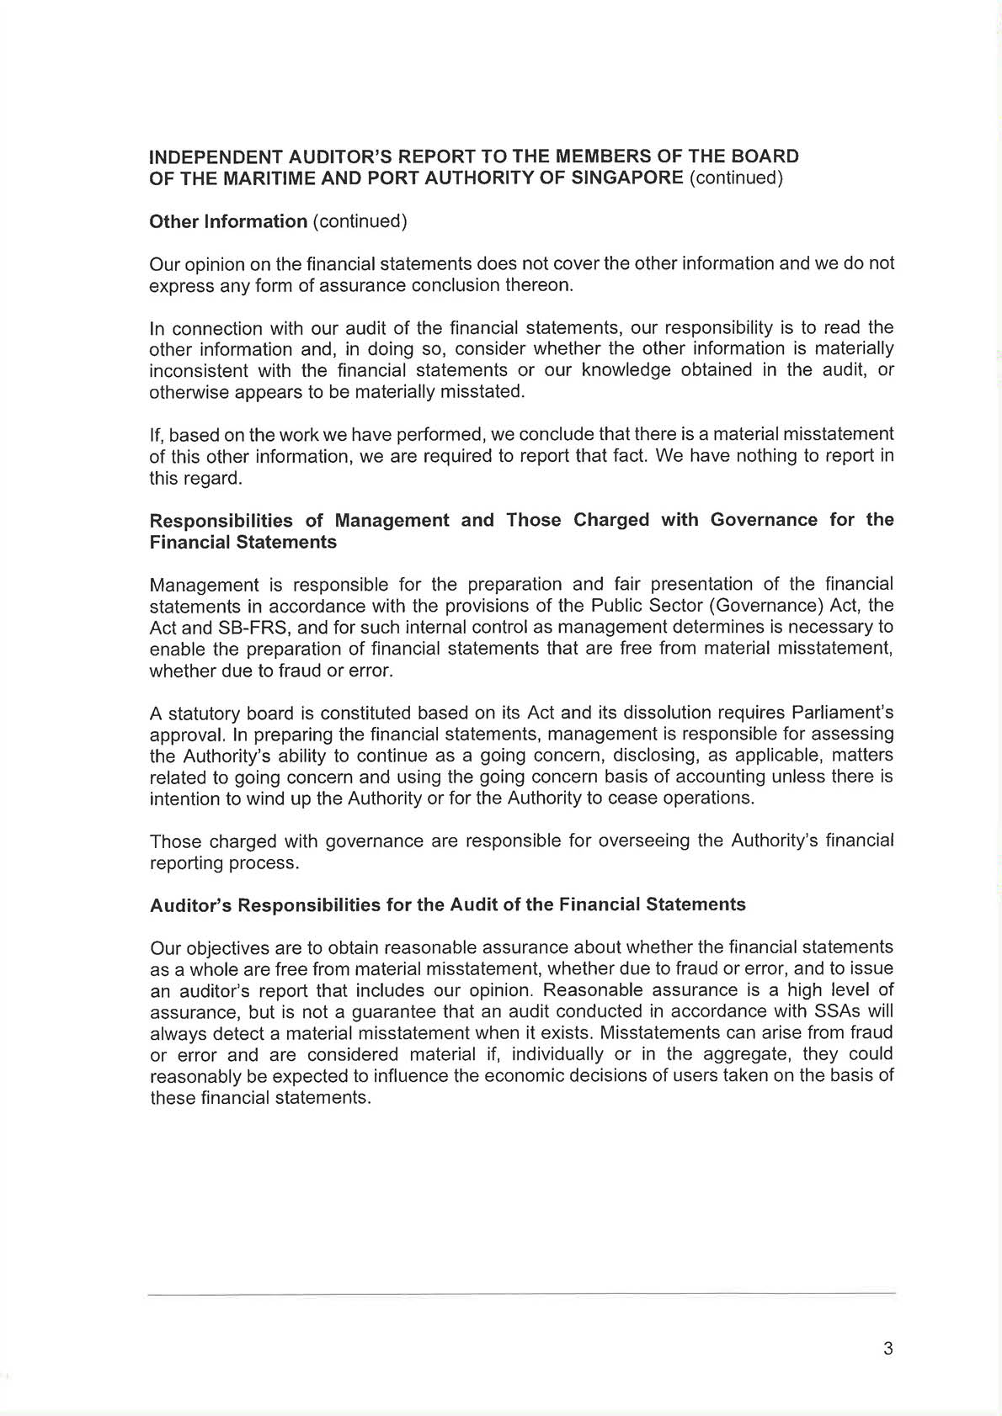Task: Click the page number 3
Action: pyautogui.click(x=888, y=1349)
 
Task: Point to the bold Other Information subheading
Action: pyautogui.click(x=228, y=221)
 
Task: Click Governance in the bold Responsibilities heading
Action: pyautogui.click(x=764, y=520)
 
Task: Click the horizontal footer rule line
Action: pyautogui.click(x=521, y=1293)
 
